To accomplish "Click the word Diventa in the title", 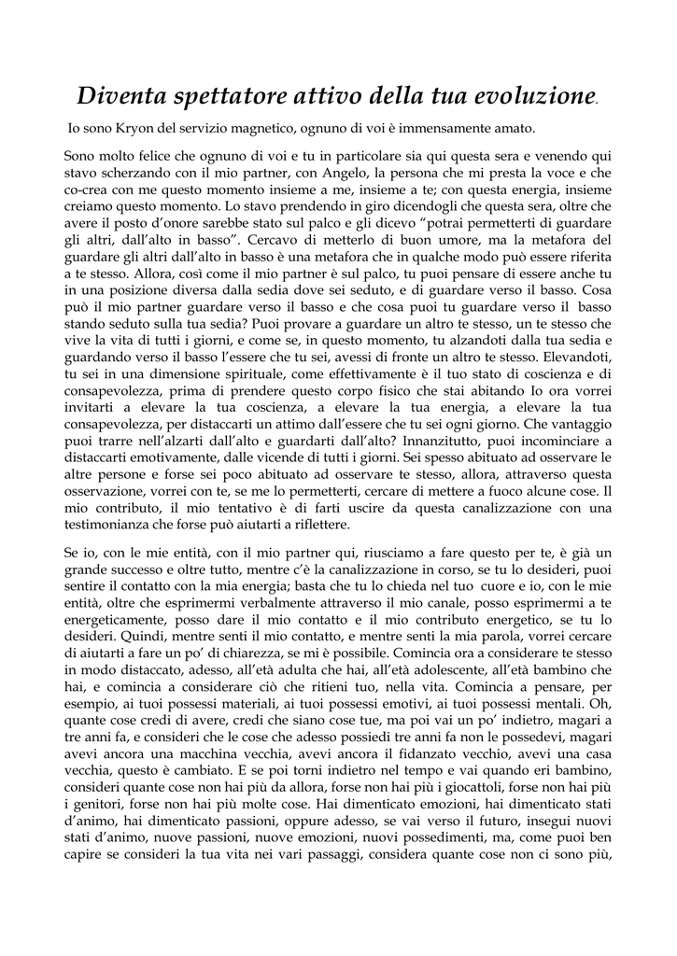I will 120,95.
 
